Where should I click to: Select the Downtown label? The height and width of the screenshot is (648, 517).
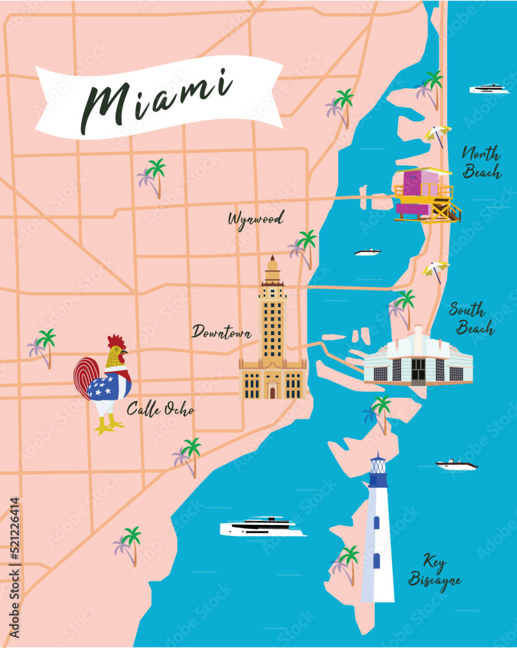[x=222, y=332]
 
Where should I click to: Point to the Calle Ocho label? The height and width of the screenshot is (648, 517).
[x=160, y=410]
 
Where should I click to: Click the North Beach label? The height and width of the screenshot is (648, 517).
[x=481, y=163]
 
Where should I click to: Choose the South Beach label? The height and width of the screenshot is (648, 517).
[x=472, y=319]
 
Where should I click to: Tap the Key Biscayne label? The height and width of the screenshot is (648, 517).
[x=435, y=571]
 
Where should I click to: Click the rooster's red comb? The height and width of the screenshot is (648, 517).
[x=116, y=341]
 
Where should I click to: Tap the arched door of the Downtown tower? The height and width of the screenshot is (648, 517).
[x=273, y=391]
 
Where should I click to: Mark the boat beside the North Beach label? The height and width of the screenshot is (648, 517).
[x=489, y=89]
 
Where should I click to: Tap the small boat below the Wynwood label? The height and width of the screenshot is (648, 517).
[x=367, y=252]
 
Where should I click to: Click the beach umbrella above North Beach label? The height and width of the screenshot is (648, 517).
[x=437, y=134]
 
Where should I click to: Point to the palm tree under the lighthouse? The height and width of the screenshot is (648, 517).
[x=346, y=563]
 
